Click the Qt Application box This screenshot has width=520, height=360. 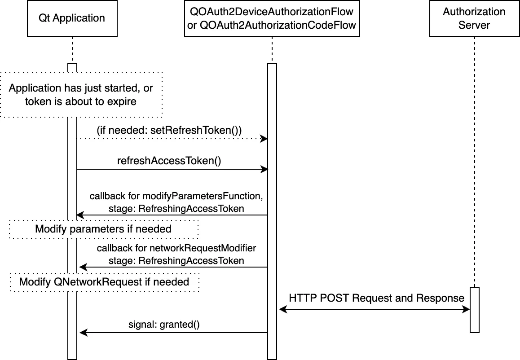[x=72, y=18]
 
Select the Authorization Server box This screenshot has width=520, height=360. [x=474, y=18]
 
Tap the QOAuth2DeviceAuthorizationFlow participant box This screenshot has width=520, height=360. [x=272, y=18]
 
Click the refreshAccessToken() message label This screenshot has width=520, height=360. [x=169, y=161]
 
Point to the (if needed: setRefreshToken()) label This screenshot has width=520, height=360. [x=169, y=130]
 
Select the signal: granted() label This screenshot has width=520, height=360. [x=164, y=325]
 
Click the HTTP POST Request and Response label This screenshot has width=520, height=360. [x=376, y=298]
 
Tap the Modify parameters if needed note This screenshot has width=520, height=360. [x=103, y=229]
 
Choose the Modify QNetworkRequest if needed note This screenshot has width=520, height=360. [x=104, y=282]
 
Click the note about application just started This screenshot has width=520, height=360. [x=81, y=94]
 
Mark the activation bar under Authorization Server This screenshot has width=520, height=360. [x=475, y=310]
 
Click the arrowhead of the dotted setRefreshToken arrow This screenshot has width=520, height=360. [x=264, y=139]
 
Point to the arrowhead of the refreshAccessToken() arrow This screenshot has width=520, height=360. [x=264, y=169]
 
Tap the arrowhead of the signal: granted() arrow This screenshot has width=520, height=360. [x=83, y=333]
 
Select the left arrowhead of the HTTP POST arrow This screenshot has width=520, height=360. [x=282, y=309]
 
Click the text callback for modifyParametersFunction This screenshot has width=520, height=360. [x=176, y=196]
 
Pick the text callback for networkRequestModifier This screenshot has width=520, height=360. [x=176, y=248]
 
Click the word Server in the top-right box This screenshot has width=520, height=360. [x=474, y=25]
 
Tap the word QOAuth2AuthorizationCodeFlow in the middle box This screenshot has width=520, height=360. [x=278, y=25]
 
